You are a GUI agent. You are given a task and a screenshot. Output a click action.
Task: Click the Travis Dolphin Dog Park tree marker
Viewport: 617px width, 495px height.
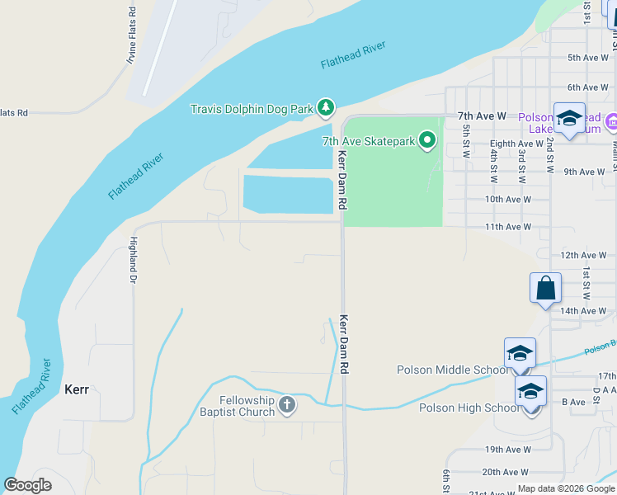326,107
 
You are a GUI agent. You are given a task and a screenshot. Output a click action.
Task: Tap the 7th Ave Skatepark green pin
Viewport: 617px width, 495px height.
426,141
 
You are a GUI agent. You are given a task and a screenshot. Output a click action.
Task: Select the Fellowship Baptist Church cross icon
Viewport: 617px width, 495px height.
286,404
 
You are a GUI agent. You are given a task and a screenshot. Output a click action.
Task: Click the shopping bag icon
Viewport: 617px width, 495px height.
545,289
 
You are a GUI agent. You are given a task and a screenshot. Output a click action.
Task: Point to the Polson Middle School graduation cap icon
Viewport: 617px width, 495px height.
520,354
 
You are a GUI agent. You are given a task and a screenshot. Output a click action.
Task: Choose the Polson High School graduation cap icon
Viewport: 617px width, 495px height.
530,391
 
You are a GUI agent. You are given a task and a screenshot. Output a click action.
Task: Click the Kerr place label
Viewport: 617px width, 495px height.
76,389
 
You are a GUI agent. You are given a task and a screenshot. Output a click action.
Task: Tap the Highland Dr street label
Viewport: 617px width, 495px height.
132,260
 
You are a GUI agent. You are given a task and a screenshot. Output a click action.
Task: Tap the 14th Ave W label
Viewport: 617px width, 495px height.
583,311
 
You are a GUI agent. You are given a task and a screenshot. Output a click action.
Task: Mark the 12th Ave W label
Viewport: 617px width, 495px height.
583,256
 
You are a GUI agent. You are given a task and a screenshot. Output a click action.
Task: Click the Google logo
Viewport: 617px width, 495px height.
28,485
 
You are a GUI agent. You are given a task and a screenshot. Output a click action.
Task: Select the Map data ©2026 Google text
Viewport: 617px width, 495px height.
565,488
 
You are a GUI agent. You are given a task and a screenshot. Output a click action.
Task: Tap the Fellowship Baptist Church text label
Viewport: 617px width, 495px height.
235,406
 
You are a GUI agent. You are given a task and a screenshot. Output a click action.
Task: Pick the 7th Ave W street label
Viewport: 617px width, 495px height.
482,116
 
